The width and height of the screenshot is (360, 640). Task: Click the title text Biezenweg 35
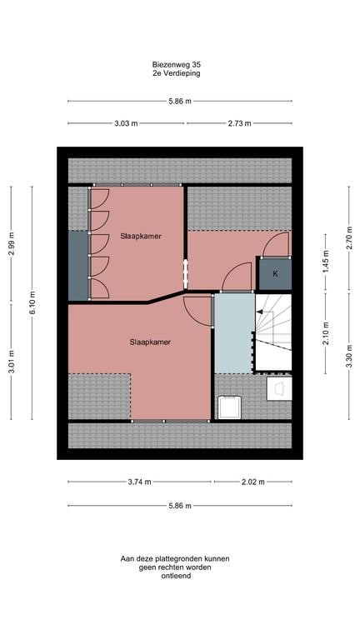pos(177,63)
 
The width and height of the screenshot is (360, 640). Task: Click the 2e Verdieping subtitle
pos(177,73)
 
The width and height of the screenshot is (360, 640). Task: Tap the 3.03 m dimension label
pos(127,123)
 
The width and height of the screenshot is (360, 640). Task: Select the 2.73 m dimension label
pos(239,123)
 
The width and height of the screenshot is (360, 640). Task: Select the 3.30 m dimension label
pos(349,363)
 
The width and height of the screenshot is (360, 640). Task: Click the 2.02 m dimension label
pos(251,482)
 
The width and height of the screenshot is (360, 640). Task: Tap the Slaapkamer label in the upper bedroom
pos(140,236)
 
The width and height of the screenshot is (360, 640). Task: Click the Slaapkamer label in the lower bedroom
pos(151,342)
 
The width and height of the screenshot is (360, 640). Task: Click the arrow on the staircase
pos(261,312)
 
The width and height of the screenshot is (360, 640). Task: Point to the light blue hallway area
pos(232,333)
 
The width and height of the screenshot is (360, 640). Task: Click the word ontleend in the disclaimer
pos(175,577)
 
